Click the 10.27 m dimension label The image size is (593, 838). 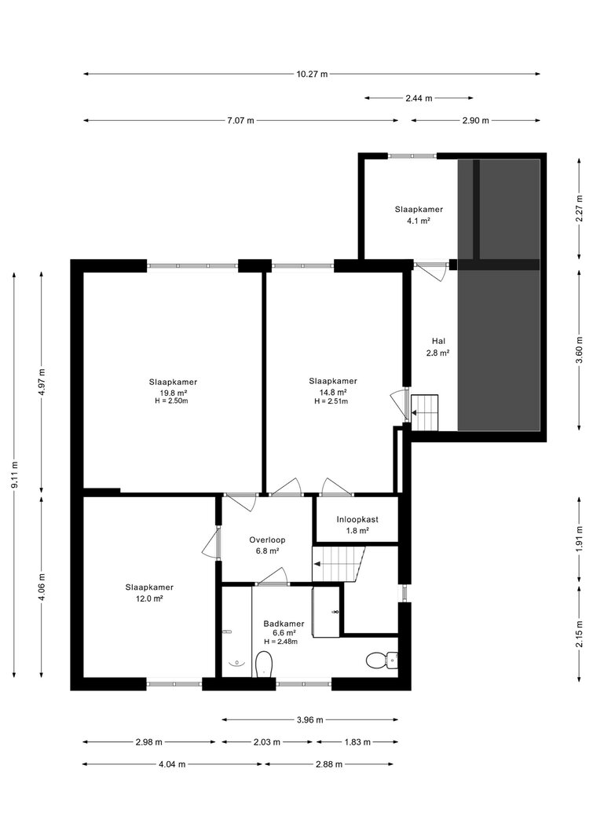pos(312,75)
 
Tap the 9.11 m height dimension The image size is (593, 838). pos(15,474)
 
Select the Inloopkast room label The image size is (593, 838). pos(357,519)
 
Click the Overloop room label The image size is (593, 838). pos(267,540)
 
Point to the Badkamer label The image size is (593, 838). pos(284,624)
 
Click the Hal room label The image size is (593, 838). pos(438,341)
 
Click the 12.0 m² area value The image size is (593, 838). pos(149,598)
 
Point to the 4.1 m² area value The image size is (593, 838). pos(419,220)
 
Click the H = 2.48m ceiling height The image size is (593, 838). pos(280,642)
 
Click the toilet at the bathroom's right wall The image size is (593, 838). pos(382,661)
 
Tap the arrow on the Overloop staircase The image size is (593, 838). pos(317,563)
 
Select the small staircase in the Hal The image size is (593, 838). pos(424,412)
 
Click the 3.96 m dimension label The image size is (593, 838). pos(310,720)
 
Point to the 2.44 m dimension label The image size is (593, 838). pos(419,98)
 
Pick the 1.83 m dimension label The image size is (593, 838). pos(357,742)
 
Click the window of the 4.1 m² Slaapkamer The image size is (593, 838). pos(412,156)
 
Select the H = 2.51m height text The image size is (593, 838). pos(331,401)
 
